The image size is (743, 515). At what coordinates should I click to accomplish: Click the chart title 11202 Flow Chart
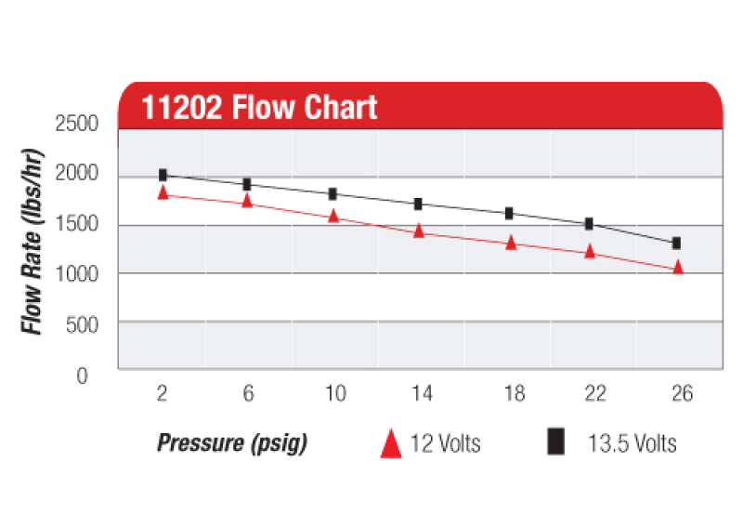[x=259, y=107]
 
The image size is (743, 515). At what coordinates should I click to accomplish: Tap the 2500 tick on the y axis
[x=84, y=124]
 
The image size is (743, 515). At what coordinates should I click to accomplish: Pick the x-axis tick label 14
[x=422, y=393]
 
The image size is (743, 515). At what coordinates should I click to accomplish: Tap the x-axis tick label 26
[x=682, y=393]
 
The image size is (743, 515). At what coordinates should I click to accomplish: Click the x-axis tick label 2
[x=163, y=393]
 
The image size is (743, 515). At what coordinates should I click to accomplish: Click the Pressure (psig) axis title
[x=231, y=442]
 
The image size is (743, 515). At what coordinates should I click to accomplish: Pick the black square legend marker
[x=556, y=442]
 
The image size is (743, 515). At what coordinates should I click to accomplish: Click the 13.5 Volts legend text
[x=632, y=442]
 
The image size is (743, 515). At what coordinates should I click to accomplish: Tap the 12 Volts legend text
[x=445, y=442]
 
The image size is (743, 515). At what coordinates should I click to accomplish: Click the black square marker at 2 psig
[x=163, y=175]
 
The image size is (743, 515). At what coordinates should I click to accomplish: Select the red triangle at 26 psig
[x=678, y=268]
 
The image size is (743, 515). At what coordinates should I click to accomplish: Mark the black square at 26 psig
[x=676, y=243]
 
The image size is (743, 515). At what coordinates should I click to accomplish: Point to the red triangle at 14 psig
[x=419, y=231]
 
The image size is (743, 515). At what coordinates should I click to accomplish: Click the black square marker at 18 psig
[x=509, y=213]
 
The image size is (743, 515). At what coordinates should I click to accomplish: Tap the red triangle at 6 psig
[x=247, y=200]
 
